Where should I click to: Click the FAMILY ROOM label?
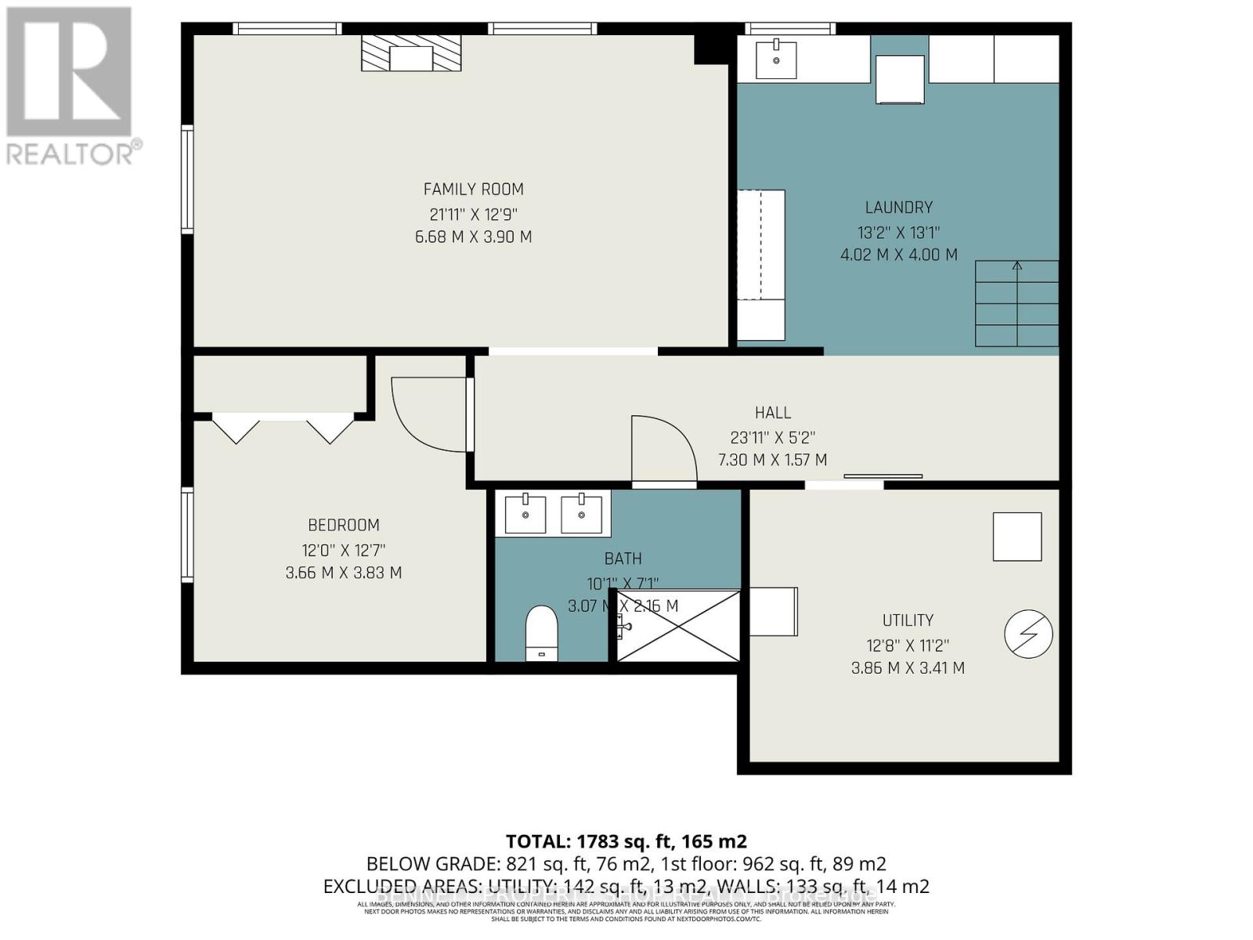click(473, 189)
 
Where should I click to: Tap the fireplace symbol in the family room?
click(411, 53)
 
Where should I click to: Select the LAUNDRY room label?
click(898, 208)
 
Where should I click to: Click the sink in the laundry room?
click(776, 60)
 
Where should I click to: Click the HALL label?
click(772, 413)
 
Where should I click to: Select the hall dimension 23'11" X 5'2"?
click(772, 437)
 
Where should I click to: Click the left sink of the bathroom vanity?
click(525, 514)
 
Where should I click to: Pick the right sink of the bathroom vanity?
click(581, 514)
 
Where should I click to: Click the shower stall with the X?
click(678, 626)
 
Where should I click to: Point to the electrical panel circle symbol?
click(1028, 634)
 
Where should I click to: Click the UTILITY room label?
click(908, 620)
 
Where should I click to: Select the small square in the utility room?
click(1016, 537)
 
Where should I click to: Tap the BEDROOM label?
click(343, 525)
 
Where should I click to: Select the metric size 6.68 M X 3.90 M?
click(473, 237)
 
